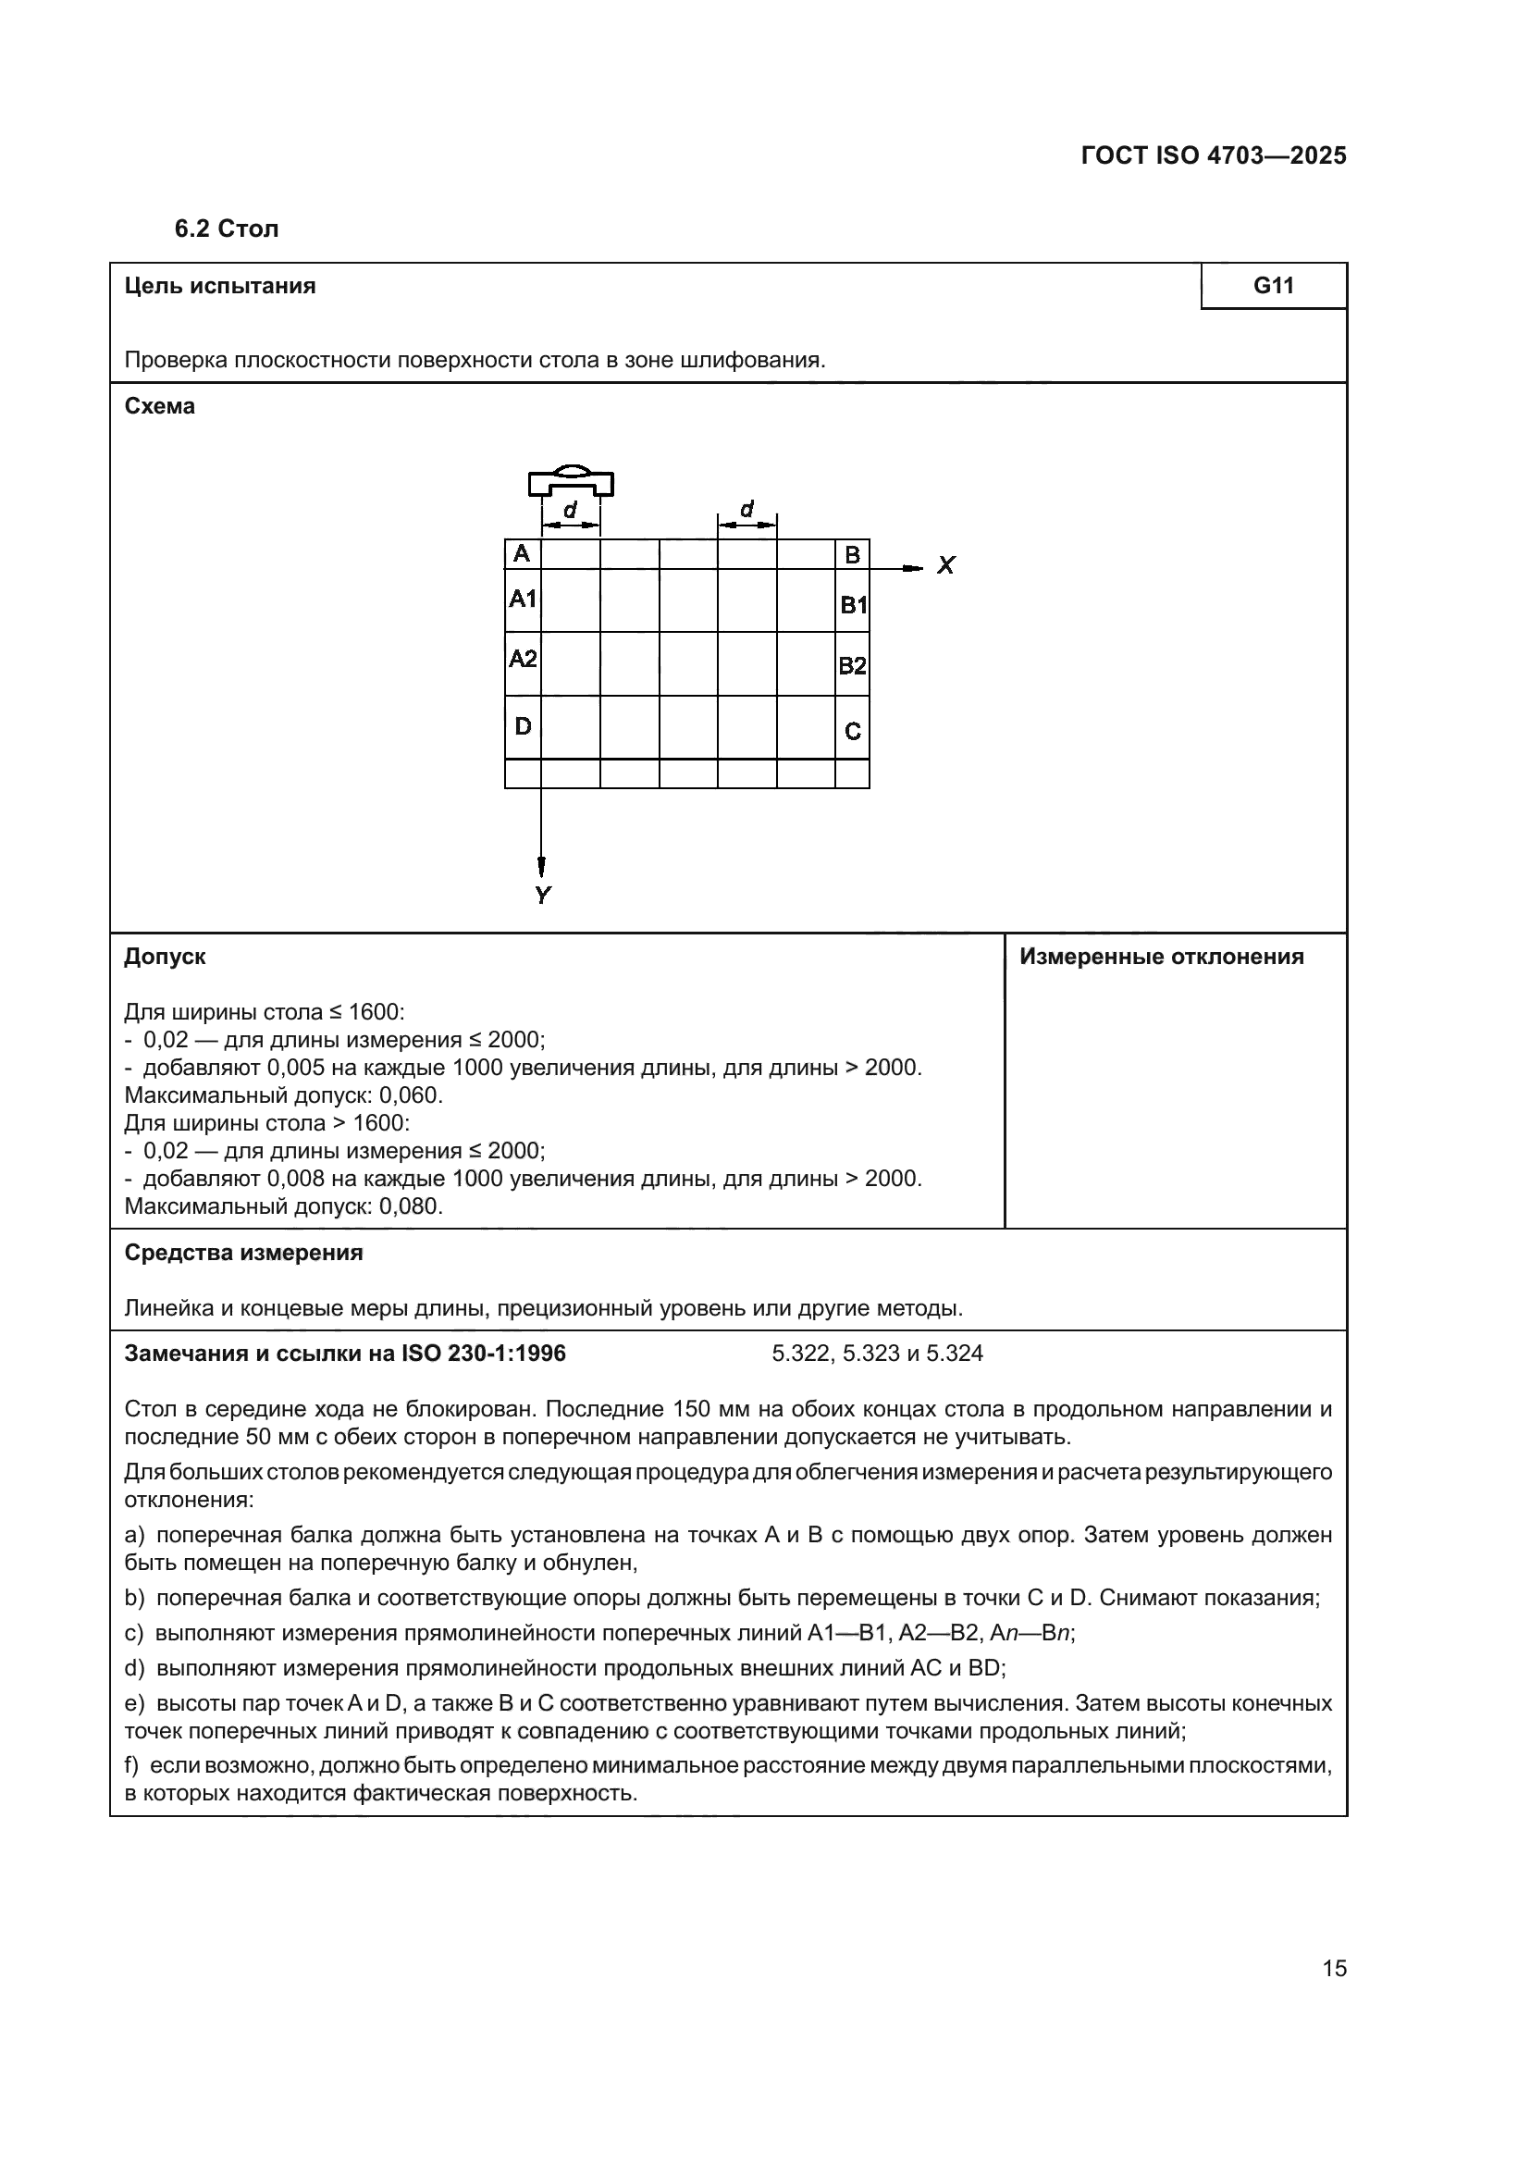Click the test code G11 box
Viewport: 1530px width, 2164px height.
coord(1273,286)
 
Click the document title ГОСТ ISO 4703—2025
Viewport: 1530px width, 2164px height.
coord(1214,156)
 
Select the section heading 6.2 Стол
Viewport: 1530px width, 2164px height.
coord(226,229)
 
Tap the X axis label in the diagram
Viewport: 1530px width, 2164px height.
coord(946,565)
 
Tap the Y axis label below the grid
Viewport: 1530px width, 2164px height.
coord(543,896)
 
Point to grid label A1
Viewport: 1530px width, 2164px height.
coord(523,599)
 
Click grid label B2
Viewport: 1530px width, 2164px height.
coord(852,666)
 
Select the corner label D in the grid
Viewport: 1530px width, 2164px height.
coord(523,725)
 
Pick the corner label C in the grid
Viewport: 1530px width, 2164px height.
coord(853,732)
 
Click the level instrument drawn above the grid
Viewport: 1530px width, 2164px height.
coord(571,481)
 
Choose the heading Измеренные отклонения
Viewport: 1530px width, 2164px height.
coord(1162,957)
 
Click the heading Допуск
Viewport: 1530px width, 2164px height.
coord(165,957)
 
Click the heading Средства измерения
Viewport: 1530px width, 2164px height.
coord(243,1253)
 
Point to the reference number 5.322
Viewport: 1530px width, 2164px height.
coord(800,1354)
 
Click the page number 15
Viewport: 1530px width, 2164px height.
coord(1334,1968)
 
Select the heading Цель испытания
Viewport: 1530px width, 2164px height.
coord(219,286)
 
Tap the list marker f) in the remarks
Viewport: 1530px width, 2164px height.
coord(133,1764)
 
